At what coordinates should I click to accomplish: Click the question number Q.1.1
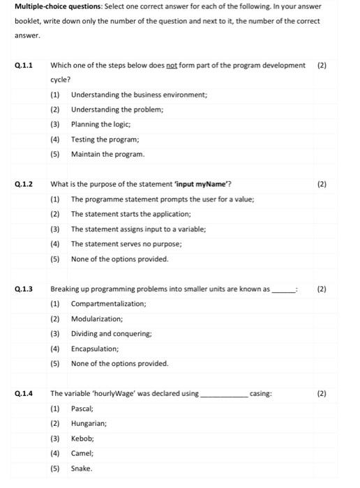pos(24,66)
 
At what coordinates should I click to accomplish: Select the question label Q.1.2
pos(24,185)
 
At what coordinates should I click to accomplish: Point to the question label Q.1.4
pos(24,394)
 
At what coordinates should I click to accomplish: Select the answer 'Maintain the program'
pos(107,154)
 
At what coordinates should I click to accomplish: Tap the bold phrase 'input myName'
pos(206,185)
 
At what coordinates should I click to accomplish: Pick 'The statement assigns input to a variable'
pos(166,229)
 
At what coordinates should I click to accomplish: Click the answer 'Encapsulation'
pos(95,349)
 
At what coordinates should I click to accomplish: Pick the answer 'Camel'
pos(82,453)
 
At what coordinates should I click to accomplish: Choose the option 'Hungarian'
pos(89,423)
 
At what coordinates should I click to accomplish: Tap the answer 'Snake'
pos(81,468)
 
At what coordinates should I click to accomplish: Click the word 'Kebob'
pos(82,439)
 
